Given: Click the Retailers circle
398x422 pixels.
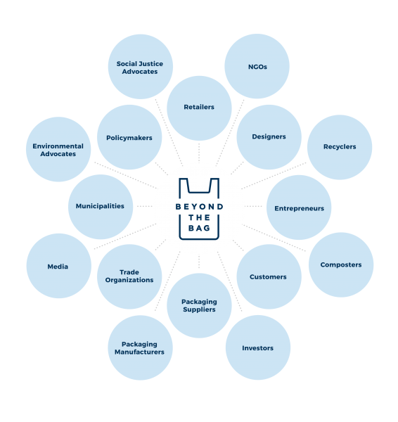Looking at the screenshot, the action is point(199,108).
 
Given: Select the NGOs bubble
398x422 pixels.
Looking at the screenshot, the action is point(257,66).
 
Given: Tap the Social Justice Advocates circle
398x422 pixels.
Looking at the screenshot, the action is point(141,67).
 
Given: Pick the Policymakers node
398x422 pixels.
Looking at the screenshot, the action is point(129,137).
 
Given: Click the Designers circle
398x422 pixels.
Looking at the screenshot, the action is point(269,137).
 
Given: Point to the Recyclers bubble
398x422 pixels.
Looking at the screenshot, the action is point(340,147).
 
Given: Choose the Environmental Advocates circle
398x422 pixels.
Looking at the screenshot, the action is point(58,149).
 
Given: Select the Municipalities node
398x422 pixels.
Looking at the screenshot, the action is point(101,207).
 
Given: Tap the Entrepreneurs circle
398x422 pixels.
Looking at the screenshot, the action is point(299,207).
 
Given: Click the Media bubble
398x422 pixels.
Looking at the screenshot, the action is point(59,266).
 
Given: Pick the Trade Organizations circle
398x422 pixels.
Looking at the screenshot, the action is point(129,276).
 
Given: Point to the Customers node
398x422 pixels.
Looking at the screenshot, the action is point(269,276).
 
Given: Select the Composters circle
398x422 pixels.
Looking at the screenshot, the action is point(341,264).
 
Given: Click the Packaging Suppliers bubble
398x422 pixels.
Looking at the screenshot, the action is point(199,305).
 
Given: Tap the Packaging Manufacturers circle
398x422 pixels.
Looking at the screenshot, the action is point(140,347).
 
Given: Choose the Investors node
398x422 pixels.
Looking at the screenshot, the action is point(258,347).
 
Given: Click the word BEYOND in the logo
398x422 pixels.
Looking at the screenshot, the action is point(200,207).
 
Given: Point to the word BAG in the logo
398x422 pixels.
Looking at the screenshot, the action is point(199,228).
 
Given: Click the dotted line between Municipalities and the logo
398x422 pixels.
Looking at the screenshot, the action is point(145,206).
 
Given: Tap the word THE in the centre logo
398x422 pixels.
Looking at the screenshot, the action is point(199,217).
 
